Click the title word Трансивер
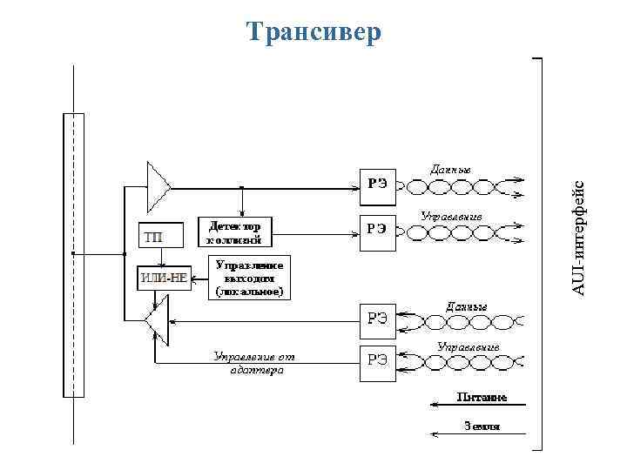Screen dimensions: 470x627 pos(313,32)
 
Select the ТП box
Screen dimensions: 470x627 pos(161,235)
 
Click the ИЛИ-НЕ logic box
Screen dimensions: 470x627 pos(164,279)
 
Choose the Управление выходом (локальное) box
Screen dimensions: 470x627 pos(248,278)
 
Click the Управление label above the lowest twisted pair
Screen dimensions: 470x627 pos(469,346)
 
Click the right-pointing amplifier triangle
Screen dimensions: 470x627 pos(158,185)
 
